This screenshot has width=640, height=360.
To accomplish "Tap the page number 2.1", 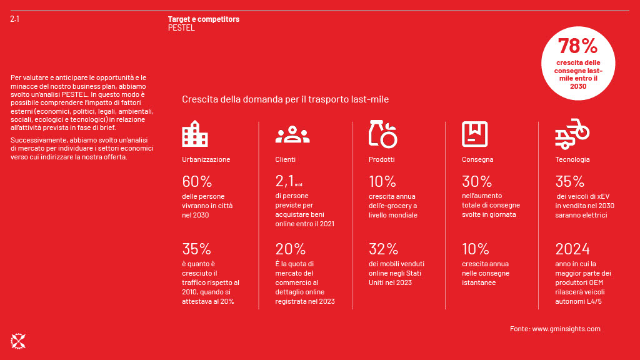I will [x=14, y=19].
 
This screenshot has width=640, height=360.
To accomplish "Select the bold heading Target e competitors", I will [x=203, y=19].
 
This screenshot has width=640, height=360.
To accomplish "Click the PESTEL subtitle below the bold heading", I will [x=181, y=28].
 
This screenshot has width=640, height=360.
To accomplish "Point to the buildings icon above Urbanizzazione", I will [x=194, y=134].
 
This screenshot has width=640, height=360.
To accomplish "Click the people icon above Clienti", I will [x=292, y=134].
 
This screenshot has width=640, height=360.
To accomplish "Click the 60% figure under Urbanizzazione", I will [x=197, y=182].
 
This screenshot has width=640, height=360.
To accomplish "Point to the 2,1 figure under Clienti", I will [x=285, y=182].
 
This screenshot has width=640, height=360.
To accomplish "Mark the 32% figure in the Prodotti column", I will [x=382, y=249].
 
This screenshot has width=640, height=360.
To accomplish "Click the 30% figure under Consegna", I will [x=477, y=182].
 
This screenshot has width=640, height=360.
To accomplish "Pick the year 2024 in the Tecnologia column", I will [x=572, y=249].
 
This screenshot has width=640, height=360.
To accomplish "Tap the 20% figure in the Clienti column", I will [x=290, y=249].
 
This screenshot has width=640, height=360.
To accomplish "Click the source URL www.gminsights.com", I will [x=566, y=329].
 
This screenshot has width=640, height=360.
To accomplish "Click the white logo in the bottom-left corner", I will [x=17, y=341].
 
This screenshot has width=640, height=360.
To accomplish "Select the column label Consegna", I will [x=477, y=159].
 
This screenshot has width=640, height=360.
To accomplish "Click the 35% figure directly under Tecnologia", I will [x=569, y=182].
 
